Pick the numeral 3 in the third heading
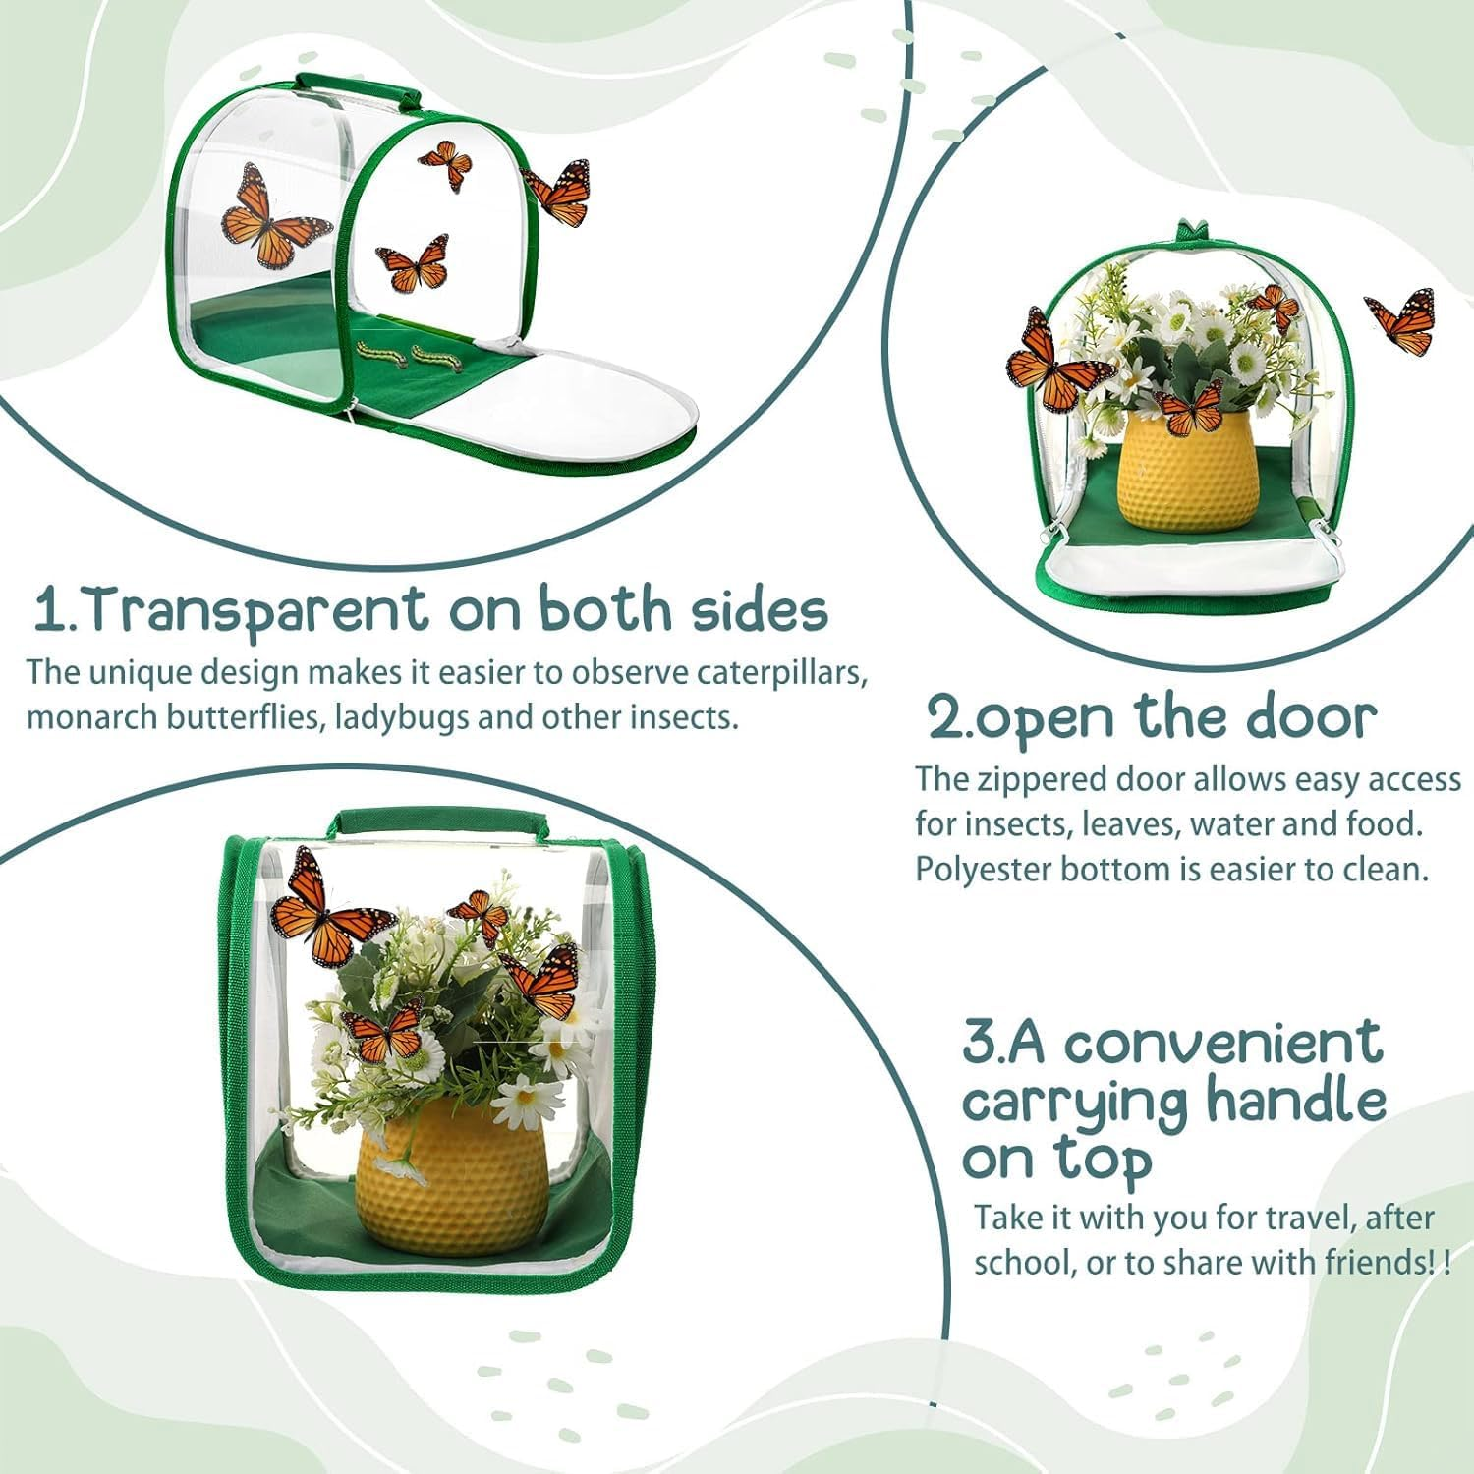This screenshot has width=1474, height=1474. pos(979,1043)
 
